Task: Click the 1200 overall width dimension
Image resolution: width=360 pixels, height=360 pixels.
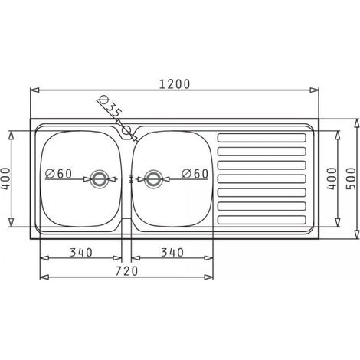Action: [x=175, y=84]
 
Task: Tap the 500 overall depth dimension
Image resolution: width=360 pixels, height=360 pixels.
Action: [x=351, y=178]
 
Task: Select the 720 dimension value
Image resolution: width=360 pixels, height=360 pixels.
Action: [x=126, y=271]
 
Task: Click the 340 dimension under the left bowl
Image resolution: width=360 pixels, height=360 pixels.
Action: [x=81, y=253]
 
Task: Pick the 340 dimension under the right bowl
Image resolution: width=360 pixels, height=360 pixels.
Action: [x=172, y=253]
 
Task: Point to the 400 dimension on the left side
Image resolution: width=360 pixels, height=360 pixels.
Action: [x=5, y=178]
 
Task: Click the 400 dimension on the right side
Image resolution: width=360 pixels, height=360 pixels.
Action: [x=332, y=178]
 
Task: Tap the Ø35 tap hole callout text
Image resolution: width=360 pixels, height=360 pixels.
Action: [x=110, y=106]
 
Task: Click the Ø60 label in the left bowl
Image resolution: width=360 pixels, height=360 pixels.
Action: [x=58, y=174]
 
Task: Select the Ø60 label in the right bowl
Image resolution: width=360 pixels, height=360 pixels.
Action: [x=195, y=174]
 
